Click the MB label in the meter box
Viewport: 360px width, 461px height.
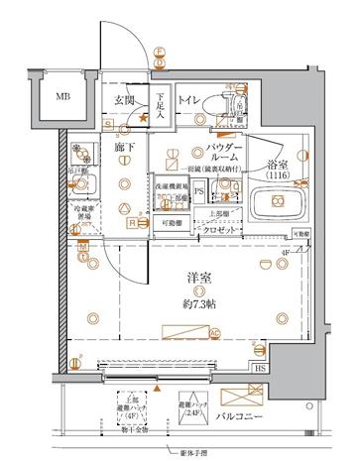pos(62,96)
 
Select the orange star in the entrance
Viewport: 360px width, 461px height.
pos(146,118)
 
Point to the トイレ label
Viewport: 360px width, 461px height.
pos(190,101)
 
